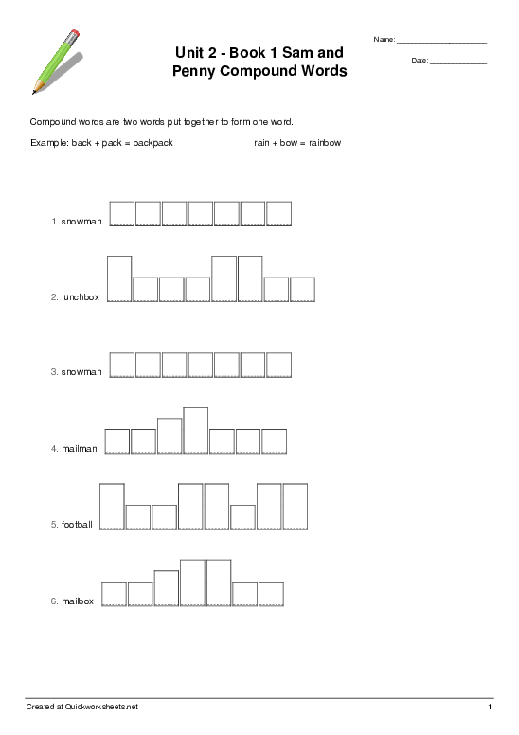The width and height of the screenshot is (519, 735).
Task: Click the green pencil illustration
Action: coord(55,62)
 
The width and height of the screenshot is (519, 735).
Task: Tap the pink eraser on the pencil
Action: coord(76,34)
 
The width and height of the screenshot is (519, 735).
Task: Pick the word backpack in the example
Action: coord(152,143)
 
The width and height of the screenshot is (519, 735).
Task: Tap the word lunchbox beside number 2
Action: coord(81,297)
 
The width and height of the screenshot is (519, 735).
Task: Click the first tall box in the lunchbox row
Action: coord(119,278)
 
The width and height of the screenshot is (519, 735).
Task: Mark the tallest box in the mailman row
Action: coord(196,430)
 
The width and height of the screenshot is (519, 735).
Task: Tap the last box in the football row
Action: coord(295,506)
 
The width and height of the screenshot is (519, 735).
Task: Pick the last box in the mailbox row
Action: coord(271,593)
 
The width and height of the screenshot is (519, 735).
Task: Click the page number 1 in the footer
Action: coord(490,708)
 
